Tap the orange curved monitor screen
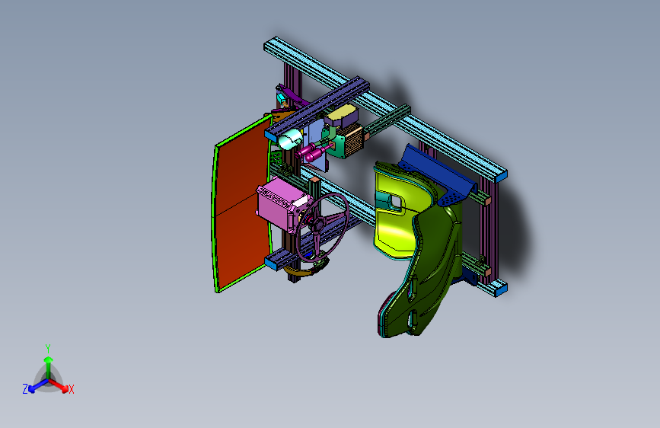(241, 205)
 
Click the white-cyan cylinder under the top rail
(290, 139)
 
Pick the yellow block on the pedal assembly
(342, 115)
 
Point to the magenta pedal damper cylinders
(314, 152)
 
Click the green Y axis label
(48, 349)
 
